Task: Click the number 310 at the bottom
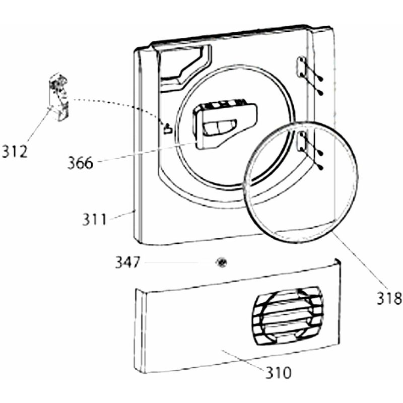(x=279, y=373)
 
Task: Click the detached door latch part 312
(x=59, y=98)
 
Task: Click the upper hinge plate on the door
(x=301, y=68)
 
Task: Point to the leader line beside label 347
(x=176, y=262)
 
